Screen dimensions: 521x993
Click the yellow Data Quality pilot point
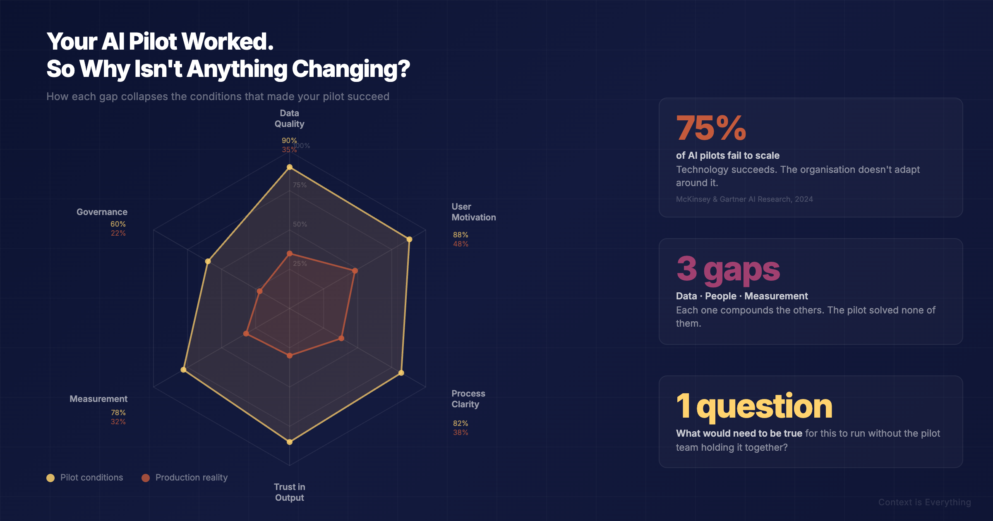click(290, 167)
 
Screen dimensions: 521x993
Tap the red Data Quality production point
click(290, 253)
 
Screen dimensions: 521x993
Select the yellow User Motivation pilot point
click(409, 239)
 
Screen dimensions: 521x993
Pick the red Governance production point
click(259, 292)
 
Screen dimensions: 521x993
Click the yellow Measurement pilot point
click(183, 370)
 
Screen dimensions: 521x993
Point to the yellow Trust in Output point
click(290, 442)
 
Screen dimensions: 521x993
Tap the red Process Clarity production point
click(341, 338)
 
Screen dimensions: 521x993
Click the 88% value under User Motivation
click(461, 235)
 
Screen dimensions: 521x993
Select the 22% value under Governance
click(118, 233)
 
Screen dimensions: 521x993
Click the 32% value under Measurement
click(118, 422)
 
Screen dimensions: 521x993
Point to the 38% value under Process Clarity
click(461, 433)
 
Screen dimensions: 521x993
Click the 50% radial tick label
click(300, 224)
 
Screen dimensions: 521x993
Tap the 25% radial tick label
click(300, 263)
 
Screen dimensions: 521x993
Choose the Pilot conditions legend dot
click(50, 478)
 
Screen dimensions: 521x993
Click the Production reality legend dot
click(146, 478)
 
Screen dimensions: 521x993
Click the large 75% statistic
click(711, 128)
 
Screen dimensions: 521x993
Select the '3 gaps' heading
click(728, 269)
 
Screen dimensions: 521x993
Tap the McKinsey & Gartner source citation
click(744, 199)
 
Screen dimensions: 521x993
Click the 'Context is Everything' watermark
click(924, 502)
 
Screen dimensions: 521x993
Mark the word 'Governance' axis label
click(102, 212)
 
